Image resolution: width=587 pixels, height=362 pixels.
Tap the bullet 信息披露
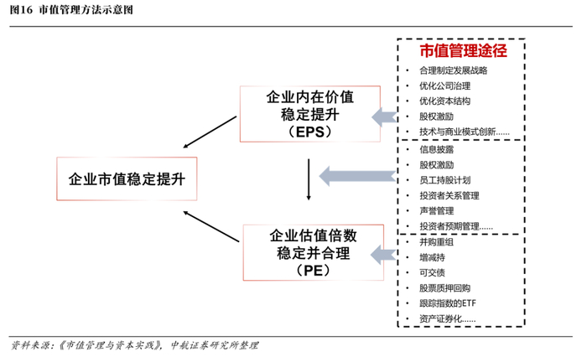click(x=436, y=149)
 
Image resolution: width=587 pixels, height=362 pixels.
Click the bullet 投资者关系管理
click(x=449, y=195)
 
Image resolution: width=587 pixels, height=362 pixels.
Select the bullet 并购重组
click(x=436, y=242)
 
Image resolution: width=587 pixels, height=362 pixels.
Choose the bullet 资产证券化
click(x=447, y=318)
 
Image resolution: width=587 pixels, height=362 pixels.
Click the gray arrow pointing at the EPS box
click(x=384, y=115)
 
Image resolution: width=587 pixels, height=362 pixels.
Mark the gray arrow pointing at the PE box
click(x=384, y=252)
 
